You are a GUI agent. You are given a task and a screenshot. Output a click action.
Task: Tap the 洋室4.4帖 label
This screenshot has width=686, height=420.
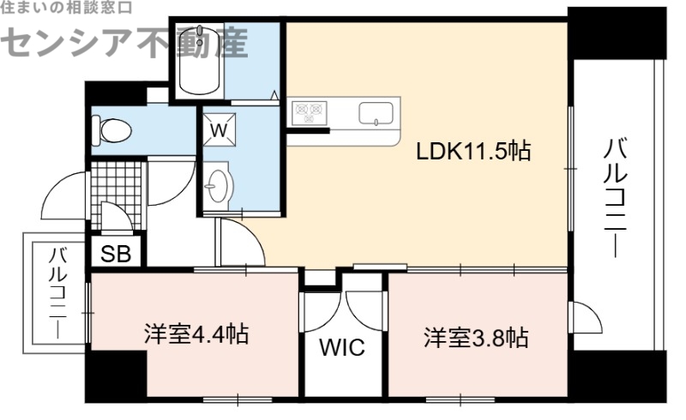click(x=196, y=334)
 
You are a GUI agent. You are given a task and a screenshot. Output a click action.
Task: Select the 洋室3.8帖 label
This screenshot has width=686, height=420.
click(x=474, y=337)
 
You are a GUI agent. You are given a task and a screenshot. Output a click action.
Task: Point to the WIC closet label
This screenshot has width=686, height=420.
click(x=342, y=349)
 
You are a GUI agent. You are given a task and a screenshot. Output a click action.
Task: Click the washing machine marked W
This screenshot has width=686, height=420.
click(x=219, y=131)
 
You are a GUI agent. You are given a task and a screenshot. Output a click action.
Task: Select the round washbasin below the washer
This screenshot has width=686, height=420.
click(x=220, y=183)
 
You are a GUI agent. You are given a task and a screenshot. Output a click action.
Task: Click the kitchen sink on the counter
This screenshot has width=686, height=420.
click(x=376, y=114)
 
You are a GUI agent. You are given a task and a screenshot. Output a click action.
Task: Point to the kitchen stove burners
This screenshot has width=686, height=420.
click(x=309, y=112)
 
